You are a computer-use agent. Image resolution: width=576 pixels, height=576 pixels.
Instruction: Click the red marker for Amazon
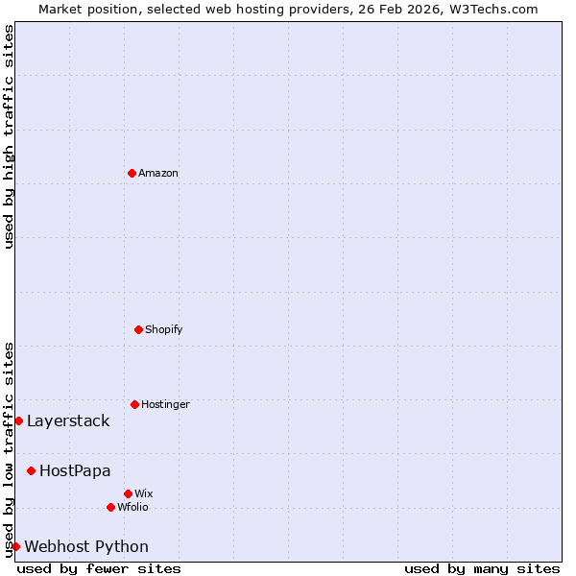132,173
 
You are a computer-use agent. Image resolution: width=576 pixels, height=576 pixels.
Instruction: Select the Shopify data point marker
138,329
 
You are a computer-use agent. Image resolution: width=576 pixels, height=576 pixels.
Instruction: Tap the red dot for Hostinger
134,404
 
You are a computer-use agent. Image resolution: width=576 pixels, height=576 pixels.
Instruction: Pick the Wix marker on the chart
128,493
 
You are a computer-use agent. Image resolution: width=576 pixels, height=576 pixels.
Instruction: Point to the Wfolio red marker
110,507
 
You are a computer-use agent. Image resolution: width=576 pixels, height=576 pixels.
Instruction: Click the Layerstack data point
18,420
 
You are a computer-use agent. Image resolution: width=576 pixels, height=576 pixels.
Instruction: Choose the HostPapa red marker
31,470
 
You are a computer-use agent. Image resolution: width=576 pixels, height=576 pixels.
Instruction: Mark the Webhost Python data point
15,546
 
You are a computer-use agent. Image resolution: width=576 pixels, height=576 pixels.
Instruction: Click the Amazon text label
158,173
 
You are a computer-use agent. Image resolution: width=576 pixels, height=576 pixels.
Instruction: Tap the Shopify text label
164,329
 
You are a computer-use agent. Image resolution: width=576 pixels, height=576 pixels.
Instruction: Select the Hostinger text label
165,404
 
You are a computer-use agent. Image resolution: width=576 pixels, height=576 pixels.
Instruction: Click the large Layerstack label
68,420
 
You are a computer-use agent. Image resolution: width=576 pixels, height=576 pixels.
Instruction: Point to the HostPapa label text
75,470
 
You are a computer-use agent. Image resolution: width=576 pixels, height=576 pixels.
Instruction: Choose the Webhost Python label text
86,546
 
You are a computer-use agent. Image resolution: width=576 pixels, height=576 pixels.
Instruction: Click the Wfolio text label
132,507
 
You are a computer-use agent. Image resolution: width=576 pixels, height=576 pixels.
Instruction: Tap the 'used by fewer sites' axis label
99,568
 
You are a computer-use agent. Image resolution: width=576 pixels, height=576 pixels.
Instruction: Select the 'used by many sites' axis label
482,568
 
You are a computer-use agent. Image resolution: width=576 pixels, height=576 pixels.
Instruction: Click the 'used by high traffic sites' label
9,136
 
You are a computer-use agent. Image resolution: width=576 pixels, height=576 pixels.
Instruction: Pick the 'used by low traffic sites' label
9,449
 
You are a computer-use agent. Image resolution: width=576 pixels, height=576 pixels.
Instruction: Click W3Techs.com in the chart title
495,9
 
